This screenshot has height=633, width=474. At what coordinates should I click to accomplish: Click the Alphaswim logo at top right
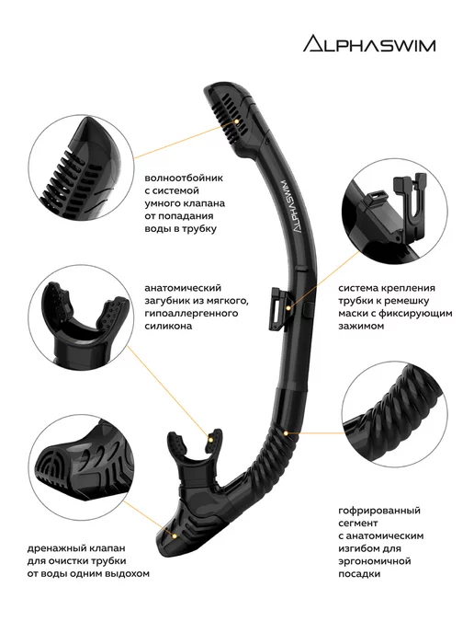(369, 43)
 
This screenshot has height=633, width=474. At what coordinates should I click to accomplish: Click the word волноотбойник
(184, 178)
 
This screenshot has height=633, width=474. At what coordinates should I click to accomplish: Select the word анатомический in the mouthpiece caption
(183, 288)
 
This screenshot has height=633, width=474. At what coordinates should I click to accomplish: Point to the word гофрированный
(378, 511)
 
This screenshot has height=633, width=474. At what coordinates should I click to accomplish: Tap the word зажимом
(361, 326)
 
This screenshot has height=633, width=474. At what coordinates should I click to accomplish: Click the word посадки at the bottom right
(359, 574)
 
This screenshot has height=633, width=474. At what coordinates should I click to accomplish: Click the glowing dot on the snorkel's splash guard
(237, 121)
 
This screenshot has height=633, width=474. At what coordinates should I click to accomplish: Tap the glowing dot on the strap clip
(288, 307)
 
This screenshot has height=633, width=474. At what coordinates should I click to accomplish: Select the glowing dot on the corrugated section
(286, 433)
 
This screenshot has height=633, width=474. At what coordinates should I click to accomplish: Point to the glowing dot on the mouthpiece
(209, 439)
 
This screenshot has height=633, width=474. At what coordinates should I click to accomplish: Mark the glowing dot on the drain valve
(175, 535)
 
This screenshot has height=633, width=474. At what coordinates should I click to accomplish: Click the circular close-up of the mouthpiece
(82, 317)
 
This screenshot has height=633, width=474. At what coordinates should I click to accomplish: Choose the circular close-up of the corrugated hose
(394, 415)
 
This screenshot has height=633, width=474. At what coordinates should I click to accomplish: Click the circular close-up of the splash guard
(82, 167)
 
